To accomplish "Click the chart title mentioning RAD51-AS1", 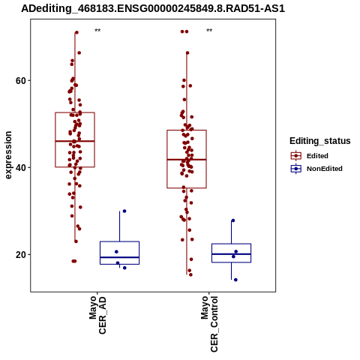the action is (153, 8).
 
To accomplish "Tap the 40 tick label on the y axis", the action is (21, 167).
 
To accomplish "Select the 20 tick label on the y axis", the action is (21, 254).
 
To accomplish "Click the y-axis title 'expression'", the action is (8, 155).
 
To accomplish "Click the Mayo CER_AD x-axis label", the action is (97, 315).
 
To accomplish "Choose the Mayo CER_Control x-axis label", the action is (209, 324).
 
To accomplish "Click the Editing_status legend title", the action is (320, 141).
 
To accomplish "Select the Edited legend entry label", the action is (317, 156).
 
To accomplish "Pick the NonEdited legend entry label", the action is (325, 169).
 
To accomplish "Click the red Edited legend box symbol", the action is (296, 156).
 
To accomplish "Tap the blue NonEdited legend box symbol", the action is (296, 169).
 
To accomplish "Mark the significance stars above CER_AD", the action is (97, 31).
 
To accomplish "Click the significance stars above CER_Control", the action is (209, 31).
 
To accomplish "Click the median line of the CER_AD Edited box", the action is (75, 141).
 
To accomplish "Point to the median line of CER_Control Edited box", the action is (187, 159).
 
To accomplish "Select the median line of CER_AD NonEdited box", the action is (119, 257).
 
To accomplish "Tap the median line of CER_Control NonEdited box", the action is (231, 254).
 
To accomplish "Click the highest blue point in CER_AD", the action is (124, 211).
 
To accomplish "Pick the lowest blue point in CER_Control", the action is (235, 280).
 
